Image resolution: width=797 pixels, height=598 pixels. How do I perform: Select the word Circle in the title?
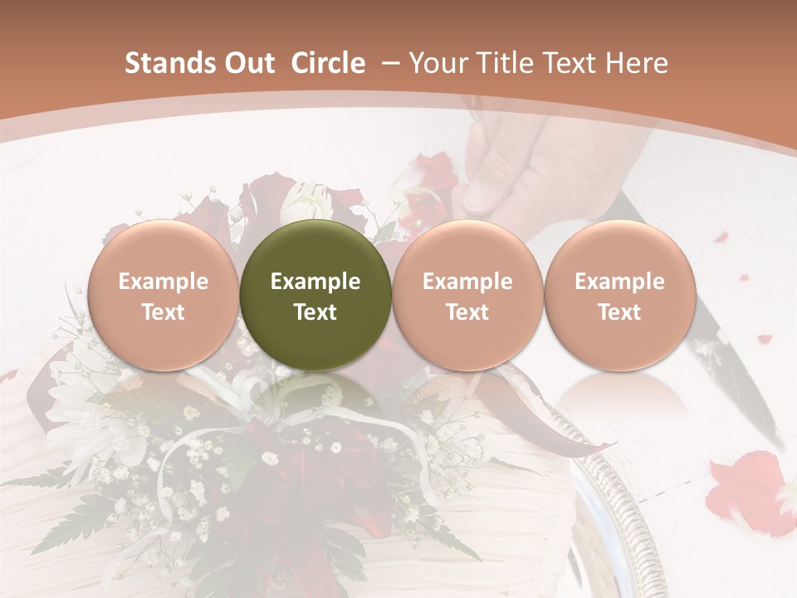pos(328,63)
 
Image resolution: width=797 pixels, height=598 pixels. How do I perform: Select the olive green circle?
pos(315,296)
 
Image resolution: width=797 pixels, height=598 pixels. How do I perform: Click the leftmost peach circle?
pos(164,296)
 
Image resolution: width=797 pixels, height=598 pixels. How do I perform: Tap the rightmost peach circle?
pos(619,296)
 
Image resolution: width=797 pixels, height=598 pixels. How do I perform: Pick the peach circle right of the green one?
pos(467,296)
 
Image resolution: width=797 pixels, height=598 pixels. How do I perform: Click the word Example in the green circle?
pos(315,282)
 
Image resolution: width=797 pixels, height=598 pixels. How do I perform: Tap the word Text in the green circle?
pos(315,312)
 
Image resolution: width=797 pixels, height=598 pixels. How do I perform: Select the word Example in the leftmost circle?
pos(164,282)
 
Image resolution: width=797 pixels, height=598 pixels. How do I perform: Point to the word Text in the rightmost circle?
pos(619,312)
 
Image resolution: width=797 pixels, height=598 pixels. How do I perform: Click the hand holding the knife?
pos(531,166)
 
